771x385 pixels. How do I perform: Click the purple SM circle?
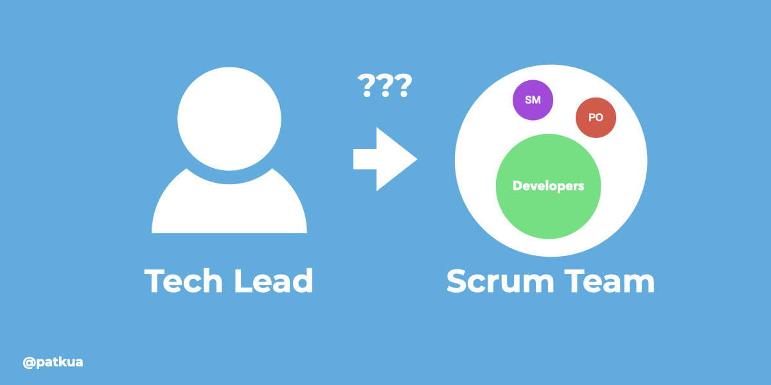[x=533, y=100]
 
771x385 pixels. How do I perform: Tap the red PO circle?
[x=596, y=117]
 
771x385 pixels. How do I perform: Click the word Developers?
[x=549, y=186]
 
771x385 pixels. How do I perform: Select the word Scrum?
[x=502, y=281]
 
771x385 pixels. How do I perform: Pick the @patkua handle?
[x=53, y=363]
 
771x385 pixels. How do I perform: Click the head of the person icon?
[x=229, y=120]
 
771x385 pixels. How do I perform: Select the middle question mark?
[x=385, y=86]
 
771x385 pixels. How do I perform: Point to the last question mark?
[x=402, y=86]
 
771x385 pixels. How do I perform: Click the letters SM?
[x=533, y=100]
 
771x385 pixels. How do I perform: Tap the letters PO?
[x=596, y=118]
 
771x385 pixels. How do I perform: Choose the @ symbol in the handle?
[x=29, y=363]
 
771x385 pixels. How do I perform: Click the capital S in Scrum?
[x=459, y=281]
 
